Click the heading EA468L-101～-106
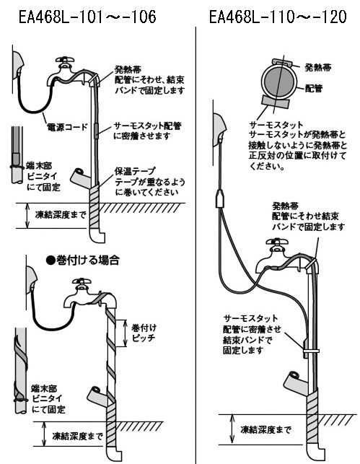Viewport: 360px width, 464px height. click(87, 15)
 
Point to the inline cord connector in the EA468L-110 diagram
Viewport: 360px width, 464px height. click(217, 196)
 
